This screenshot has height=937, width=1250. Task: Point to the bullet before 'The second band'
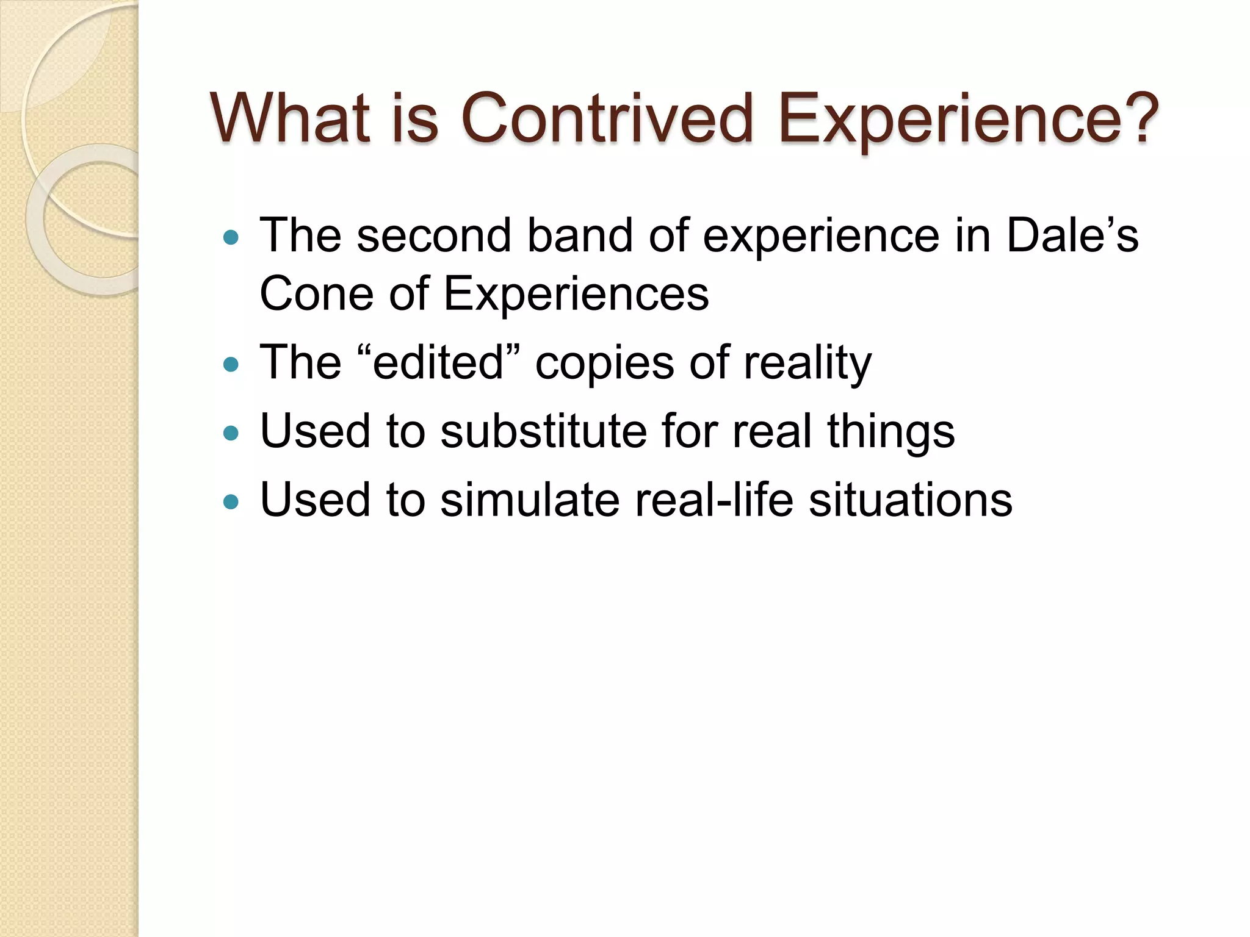pyautogui.click(x=231, y=237)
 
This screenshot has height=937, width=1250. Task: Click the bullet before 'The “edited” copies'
pyautogui.click(x=231, y=365)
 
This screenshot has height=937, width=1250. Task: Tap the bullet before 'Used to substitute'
pyautogui.click(x=231, y=433)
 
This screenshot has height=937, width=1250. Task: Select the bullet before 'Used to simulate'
pyautogui.click(x=231, y=501)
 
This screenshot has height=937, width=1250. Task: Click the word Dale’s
pyautogui.click(x=1072, y=235)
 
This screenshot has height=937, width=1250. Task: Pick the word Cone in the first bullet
pyautogui.click(x=316, y=294)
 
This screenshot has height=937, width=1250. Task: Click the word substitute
pyautogui.click(x=543, y=431)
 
